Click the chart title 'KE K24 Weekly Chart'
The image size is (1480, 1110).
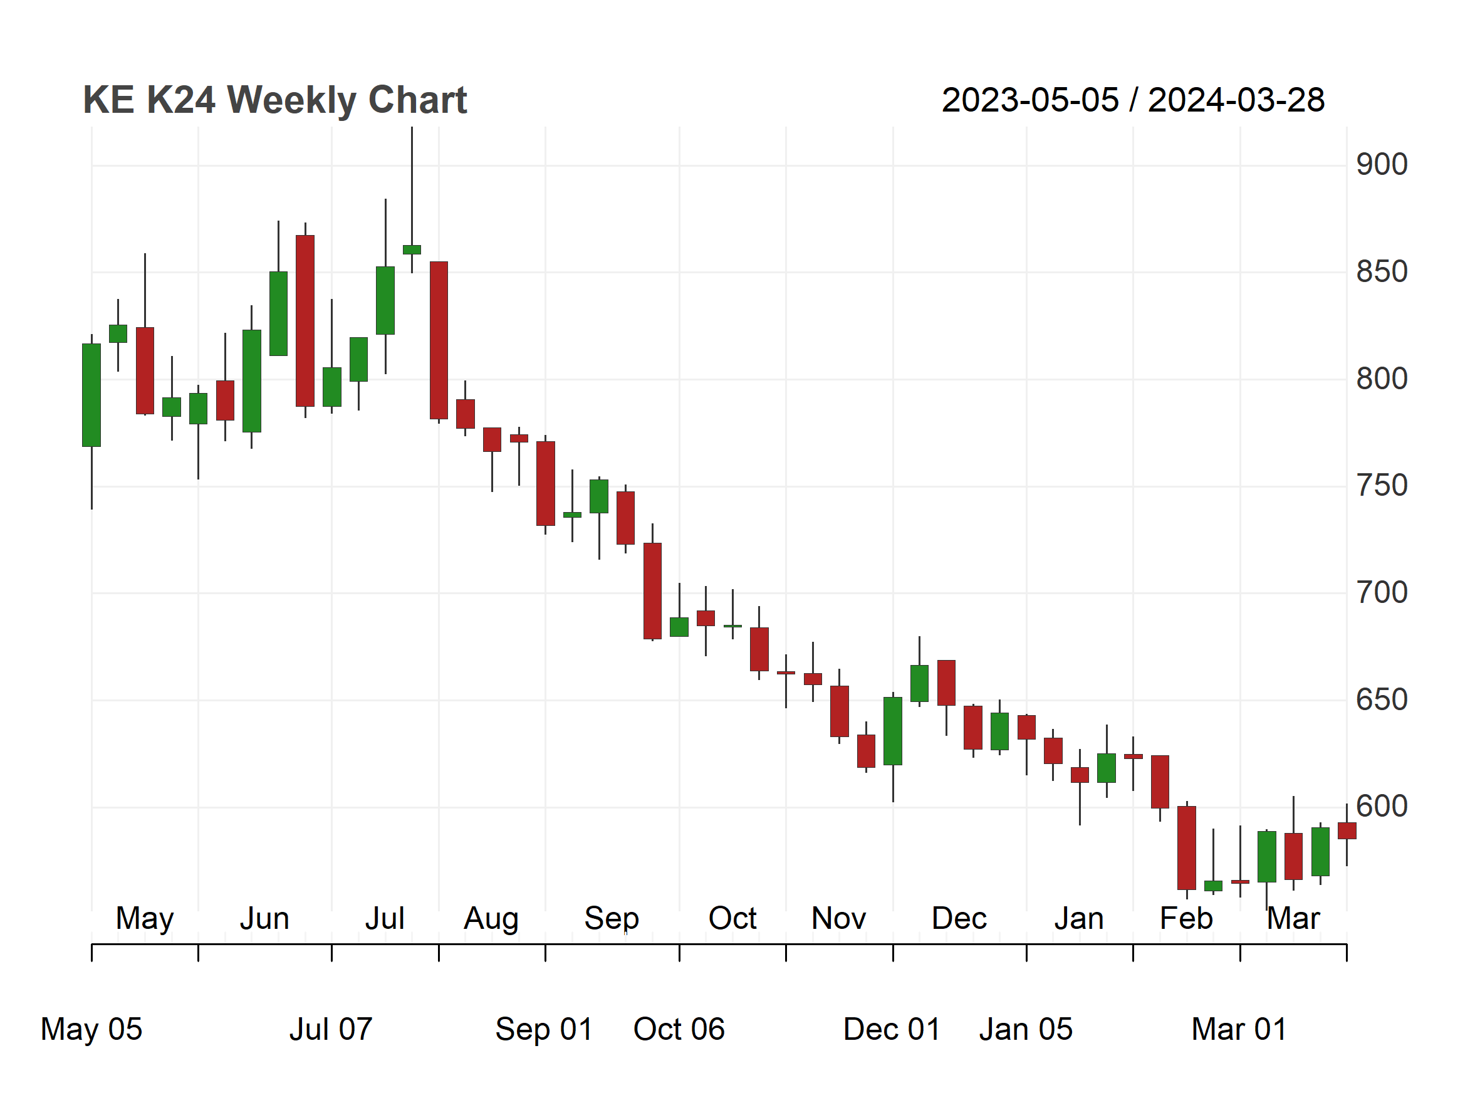click(x=274, y=100)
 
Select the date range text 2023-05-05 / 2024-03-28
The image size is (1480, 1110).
click(x=1133, y=100)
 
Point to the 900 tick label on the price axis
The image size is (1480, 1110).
click(x=1382, y=165)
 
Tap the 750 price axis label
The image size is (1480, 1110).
click(x=1382, y=486)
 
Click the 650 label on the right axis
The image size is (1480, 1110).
click(x=1382, y=700)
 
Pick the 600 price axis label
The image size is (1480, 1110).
click(x=1382, y=806)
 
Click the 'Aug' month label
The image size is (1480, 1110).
click(x=491, y=919)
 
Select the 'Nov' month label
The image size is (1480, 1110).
click(x=838, y=919)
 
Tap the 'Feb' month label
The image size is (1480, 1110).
click(x=1186, y=919)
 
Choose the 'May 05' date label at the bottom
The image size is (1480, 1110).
click(x=91, y=1029)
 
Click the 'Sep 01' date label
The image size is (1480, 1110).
click(x=544, y=1029)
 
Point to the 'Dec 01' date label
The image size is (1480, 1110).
click(x=892, y=1029)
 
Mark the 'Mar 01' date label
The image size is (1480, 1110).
click(x=1239, y=1029)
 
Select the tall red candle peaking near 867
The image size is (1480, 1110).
click(x=305, y=320)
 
